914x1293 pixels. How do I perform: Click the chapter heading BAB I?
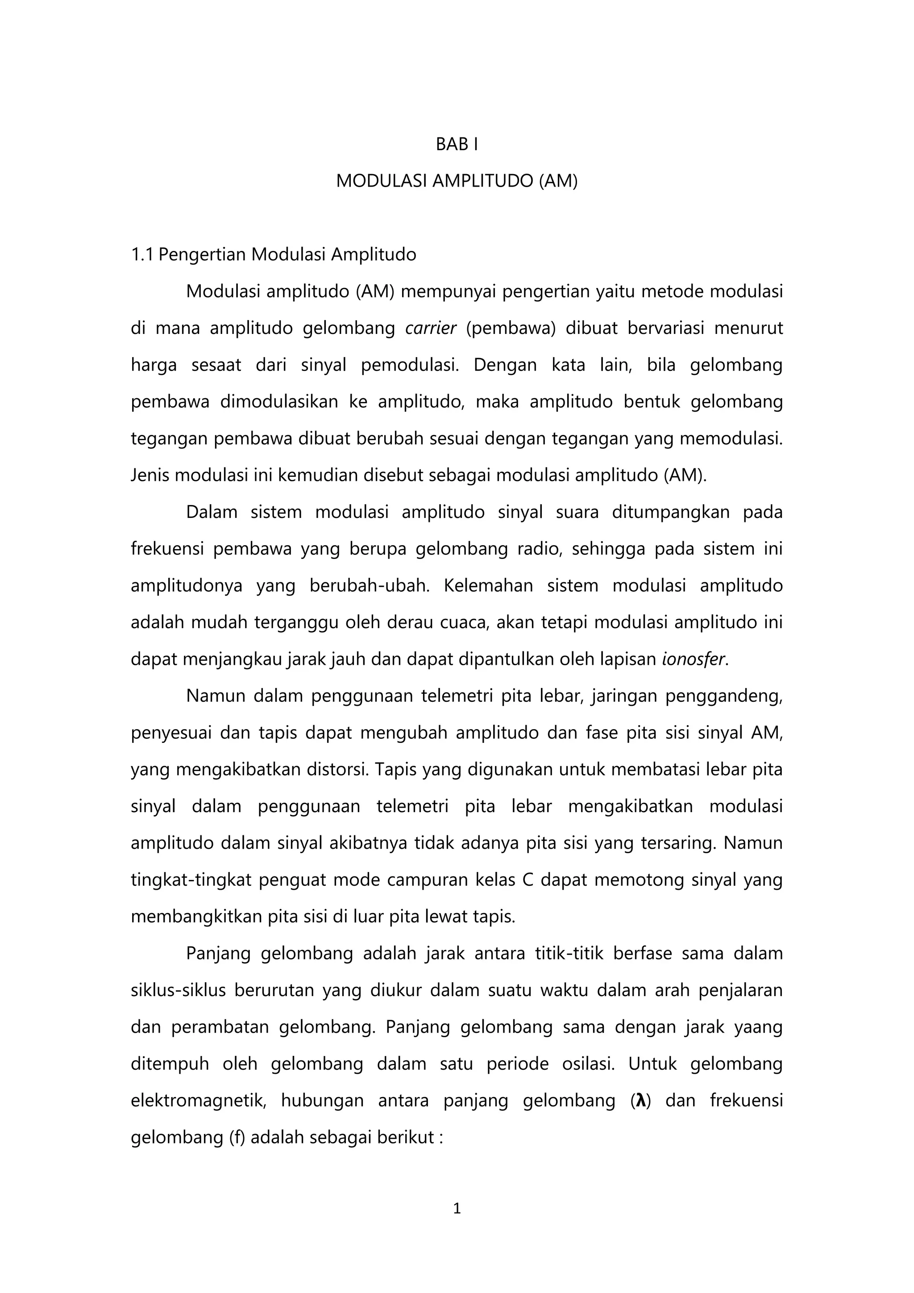click(457, 145)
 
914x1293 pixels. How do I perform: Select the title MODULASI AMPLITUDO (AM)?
click(457, 181)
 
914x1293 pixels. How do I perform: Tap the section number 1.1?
click(142, 255)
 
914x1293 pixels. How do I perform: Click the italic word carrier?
click(431, 328)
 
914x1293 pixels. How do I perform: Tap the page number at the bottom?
click(457, 1208)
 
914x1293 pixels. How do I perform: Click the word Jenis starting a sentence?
click(150, 475)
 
